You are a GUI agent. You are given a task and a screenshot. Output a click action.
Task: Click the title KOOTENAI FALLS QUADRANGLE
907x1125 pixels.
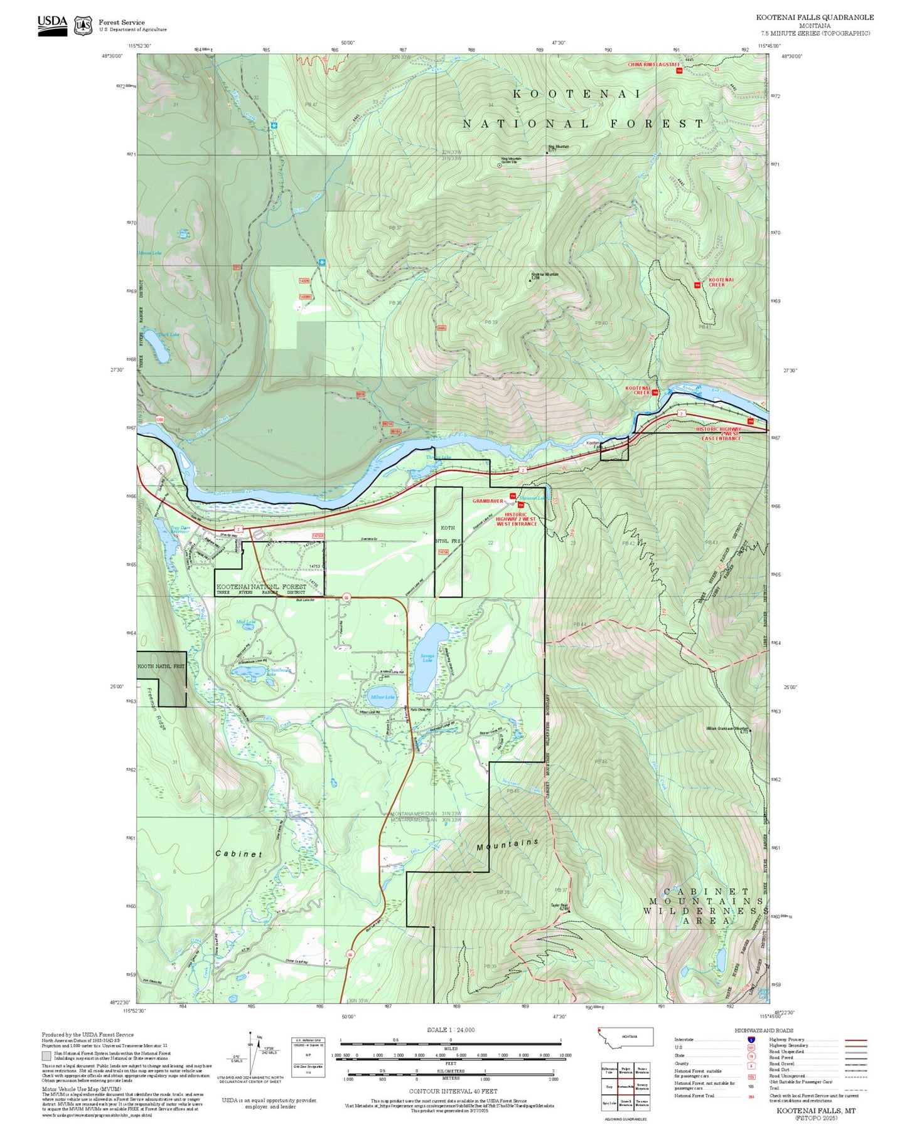815,18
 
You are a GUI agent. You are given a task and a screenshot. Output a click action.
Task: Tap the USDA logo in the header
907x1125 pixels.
52,25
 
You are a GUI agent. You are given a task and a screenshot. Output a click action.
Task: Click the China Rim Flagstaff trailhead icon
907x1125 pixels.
679,71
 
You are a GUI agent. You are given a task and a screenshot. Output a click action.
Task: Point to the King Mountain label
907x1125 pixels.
558,147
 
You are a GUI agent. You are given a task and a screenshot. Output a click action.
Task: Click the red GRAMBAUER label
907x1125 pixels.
488,501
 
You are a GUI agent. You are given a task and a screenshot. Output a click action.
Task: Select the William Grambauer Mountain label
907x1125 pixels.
727,729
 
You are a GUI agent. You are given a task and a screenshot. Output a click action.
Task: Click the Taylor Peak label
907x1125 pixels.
559,906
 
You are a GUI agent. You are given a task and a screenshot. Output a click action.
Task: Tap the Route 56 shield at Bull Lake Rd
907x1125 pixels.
346,598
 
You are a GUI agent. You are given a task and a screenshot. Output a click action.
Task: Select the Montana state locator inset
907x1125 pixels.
626,1037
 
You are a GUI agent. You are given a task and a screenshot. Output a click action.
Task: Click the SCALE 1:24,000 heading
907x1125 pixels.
451,1029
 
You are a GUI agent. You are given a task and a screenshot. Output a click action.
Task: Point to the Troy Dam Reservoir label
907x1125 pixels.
181,531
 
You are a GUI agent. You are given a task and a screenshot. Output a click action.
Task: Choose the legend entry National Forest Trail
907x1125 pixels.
694,1096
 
